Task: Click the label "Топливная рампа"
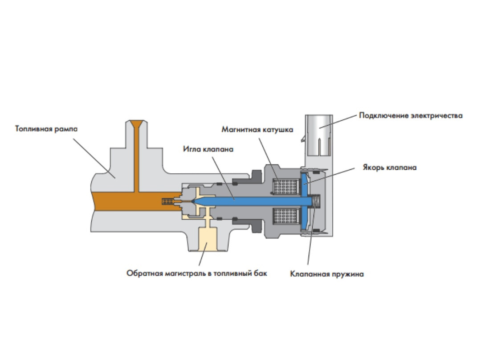pyautogui.click(x=46, y=129)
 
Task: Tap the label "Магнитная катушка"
pyautogui.click(x=257, y=130)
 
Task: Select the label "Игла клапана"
pyautogui.click(x=208, y=149)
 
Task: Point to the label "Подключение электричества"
pyautogui.click(x=411, y=116)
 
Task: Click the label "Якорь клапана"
pyautogui.click(x=390, y=168)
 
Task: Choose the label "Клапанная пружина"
pyautogui.click(x=327, y=274)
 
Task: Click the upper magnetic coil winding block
pyautogui.click(x=286, y=187)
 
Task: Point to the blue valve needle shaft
pyautogui.click(x=252, y=201)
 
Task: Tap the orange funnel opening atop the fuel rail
pyautogui.click(x=137, y=124)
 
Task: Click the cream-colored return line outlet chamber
pyautogui.click(x=208, y=238)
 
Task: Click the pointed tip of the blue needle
pyautogui.click(x=193, y=201)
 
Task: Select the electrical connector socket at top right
pyautogui.click(x=319, y=135)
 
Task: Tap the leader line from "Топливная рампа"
pyautogui.click(x=94, y=158)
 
